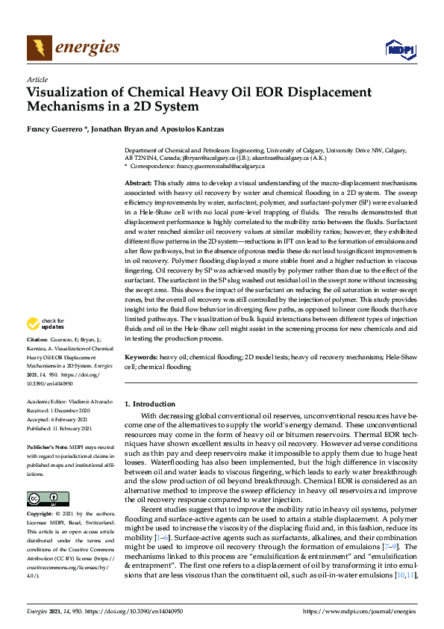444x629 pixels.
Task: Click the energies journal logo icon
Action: [40, 48]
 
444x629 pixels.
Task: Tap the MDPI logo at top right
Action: [400, 49]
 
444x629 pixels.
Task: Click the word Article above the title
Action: [37, 79]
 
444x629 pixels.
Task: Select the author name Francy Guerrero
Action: [53, 128]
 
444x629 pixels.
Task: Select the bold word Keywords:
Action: [140, 358]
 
